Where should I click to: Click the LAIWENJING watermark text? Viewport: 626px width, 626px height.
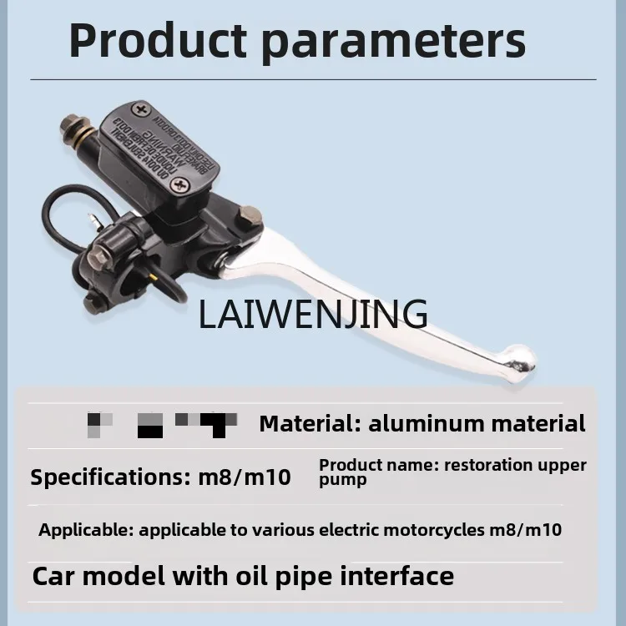[x=313, y=313]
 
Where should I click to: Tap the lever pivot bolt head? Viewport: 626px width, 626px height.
[x=250, y=218]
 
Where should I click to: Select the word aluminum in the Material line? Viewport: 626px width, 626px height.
[x=425, y=423]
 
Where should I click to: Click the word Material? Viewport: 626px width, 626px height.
[x=305, y=423]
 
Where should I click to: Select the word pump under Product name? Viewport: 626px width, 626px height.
[x=342, y=480]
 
